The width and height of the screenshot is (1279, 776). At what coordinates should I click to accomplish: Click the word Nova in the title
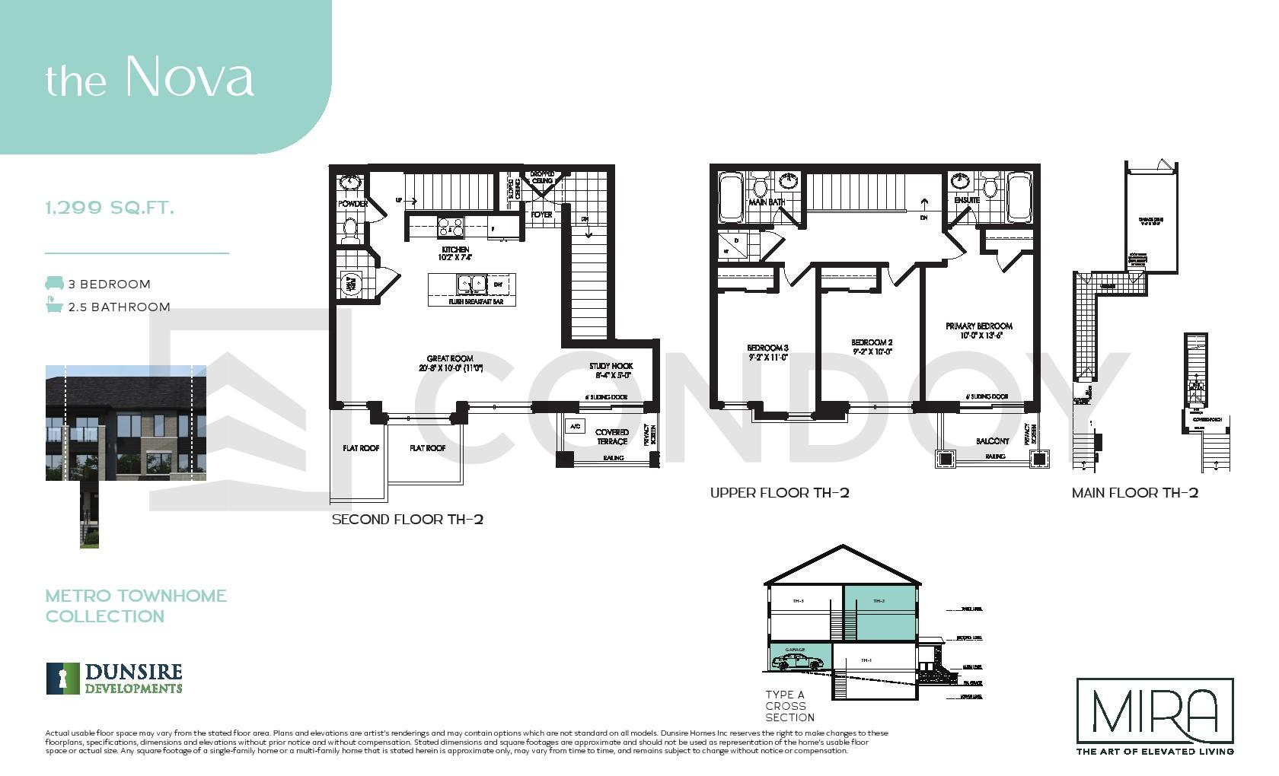pos(189,76)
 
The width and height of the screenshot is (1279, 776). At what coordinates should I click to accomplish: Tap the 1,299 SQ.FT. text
pos(110,208)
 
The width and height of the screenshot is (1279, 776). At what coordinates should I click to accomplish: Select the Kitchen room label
pos(455,253)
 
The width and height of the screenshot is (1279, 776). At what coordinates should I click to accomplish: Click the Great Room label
pos(450,363)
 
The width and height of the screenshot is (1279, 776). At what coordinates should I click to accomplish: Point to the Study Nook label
pos(611,370)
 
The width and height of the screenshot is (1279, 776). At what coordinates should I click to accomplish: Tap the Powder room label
pos(353,204)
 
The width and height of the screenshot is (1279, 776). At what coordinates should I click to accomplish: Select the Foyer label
pos(541,215)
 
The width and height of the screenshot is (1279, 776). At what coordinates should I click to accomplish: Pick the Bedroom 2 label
pos(872,347)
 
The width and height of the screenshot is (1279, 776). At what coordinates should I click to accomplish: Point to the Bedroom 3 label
pos(767,351)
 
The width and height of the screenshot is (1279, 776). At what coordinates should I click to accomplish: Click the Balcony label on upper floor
pos(993,440)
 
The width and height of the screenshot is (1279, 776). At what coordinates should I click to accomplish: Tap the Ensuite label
pos(967,200)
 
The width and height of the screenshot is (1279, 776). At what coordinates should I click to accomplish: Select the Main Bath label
pos(767,202)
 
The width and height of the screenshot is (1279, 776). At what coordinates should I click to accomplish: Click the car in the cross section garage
pos(792,663)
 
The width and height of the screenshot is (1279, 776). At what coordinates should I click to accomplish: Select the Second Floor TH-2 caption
pos(407,520)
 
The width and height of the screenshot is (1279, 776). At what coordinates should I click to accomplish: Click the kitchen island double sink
pos(471,284)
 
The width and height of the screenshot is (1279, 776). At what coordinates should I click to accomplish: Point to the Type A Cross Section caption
pos(789,706)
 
